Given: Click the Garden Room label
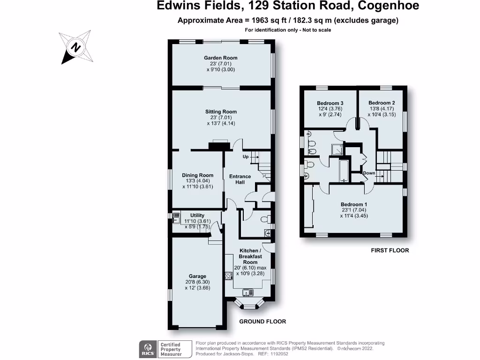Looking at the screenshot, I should tap(220, 58).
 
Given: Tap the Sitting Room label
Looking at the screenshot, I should tap(221, 112).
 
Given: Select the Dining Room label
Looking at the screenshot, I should tap(197, 175).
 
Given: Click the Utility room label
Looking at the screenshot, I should tap(197, 216).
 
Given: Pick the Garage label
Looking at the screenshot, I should tap(197, 277).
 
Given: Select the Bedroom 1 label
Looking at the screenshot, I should tap(353, 204).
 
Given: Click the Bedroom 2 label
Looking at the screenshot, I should tap(382, 103).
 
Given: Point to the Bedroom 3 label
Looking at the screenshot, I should tap(330, 103).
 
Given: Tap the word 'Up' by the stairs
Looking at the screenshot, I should tap(245, 157).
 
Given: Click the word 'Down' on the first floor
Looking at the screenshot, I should tap(369, 173).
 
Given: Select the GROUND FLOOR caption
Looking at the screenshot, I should tap(262, 322).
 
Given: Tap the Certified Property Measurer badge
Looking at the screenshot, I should tap(171, 350).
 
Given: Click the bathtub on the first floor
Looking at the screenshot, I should tap(344, 170).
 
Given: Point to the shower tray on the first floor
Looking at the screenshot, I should tap(337, 149).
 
